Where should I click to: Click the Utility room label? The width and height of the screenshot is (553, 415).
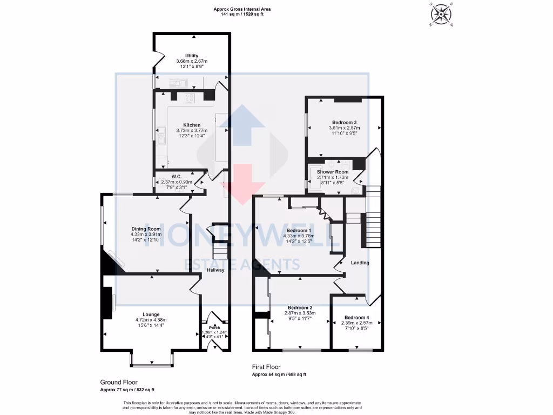(192, 56)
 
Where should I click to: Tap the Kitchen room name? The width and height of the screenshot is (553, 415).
(192, 125)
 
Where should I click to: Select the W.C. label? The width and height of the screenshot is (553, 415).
(176, 176)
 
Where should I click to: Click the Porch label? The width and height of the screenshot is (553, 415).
(215, 327)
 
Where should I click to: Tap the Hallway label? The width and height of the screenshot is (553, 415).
(215, 270)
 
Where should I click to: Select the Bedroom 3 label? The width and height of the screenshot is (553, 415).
(344, 122)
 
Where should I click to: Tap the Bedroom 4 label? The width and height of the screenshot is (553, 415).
(357, 317)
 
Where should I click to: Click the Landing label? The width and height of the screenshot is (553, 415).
(360, 263)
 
